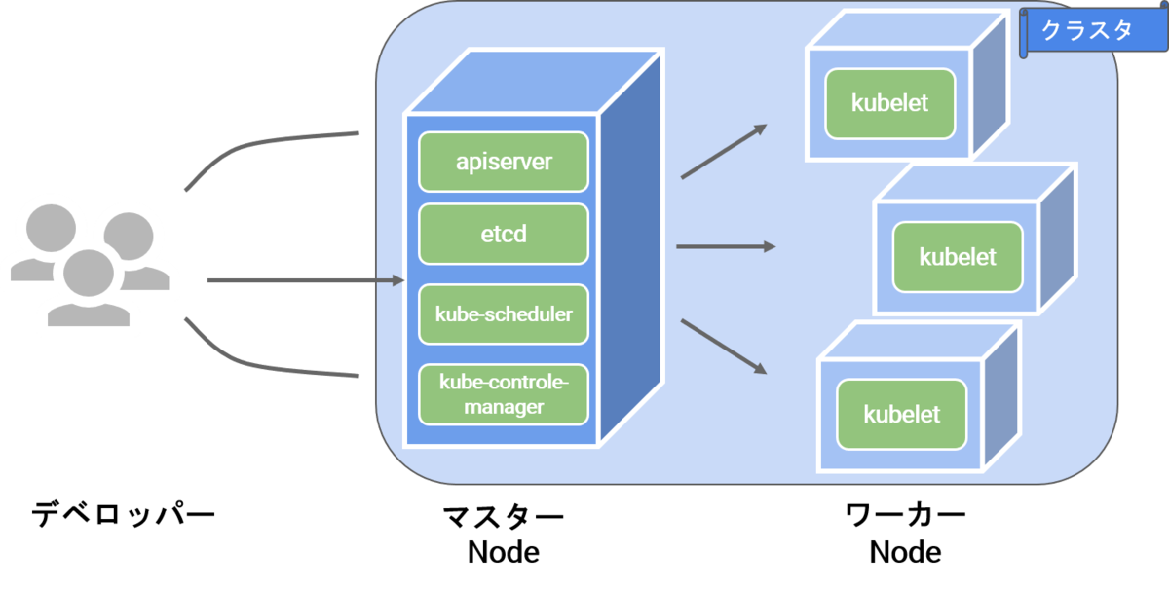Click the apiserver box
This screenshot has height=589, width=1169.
tap(504, 162)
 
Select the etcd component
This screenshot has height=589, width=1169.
tap(504, 234)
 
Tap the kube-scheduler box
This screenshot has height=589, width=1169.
tap(504, 314)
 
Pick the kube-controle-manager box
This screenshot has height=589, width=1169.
tap(504, 394)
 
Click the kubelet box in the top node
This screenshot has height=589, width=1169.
tap(889, 103)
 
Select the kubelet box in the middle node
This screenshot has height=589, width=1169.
tap(958, 257)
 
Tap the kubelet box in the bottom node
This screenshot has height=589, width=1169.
tap(901, 414)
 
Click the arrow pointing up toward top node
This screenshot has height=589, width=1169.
tap(723, 152)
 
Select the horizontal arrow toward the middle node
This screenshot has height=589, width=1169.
tap(725, 246)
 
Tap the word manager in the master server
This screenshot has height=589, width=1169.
tap(504, 407)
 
